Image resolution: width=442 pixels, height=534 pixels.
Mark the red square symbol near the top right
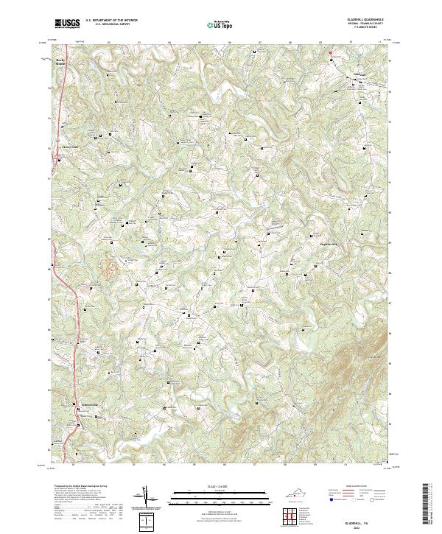click(x=331, y=52)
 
